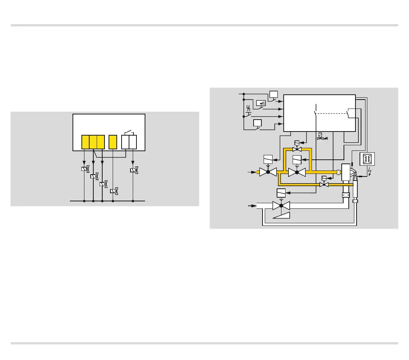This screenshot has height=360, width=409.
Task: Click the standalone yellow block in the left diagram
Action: pyautogui.click(x=113, y=142)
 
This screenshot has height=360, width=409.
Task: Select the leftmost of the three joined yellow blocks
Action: pyautogui.click(x=86, y=142)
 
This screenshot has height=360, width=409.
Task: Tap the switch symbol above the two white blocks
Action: pyautogui.click(x=129, y=132)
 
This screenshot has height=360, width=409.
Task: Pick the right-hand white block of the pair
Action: pyautogui.click(x=133, y=142)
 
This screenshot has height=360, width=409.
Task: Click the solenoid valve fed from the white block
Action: pyautogui.click(x=134, y=170)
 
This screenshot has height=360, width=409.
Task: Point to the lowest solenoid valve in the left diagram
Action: pyautogui.click(x=114, y=191)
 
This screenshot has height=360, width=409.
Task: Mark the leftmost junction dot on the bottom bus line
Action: pyautogui.click(x=84, y=201)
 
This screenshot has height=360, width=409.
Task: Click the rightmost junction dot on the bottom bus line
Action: pyautogui.click(x=133, y=201)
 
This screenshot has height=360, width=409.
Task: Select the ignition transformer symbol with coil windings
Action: pyautogui.click(x=367, y=159)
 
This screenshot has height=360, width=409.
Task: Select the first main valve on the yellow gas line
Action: pyautogui.click(x=268, y=172)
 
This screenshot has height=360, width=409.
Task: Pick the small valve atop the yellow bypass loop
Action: pyautogui.click(x=297, y=149)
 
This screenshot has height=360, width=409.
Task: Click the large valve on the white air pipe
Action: pyautogui.click(x=281, y=205)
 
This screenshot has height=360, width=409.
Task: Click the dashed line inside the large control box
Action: pyautogui.click(x=331, y=113)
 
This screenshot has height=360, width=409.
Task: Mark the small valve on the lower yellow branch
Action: pyautogui.click(x=324, y=185)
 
